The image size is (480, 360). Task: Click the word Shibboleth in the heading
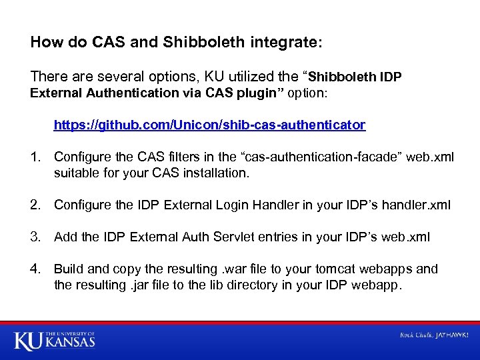click(x=203, y=43)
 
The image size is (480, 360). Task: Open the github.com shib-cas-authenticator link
click(x=209, y=125)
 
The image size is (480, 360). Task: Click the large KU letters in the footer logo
click(x=29, y=341)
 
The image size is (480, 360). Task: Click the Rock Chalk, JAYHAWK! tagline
click(x=434, y=335)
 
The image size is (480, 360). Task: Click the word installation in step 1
click(x=215, y=173)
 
